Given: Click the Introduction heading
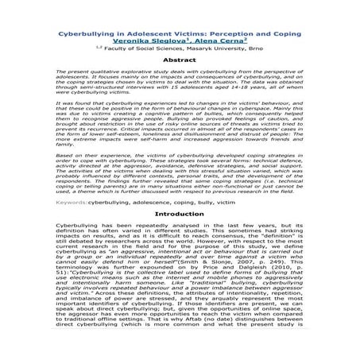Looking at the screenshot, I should (x=180, y=215).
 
